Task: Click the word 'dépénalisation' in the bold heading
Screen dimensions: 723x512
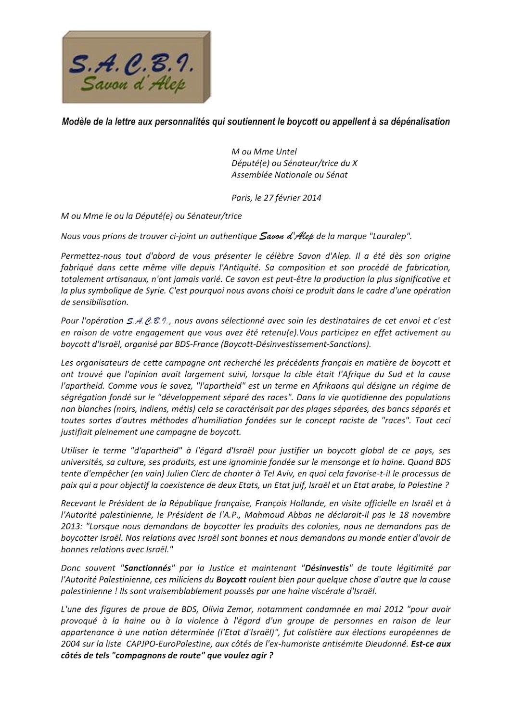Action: [x=422, y=122]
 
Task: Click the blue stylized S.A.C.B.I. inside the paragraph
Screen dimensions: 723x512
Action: [x=147, y=321]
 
